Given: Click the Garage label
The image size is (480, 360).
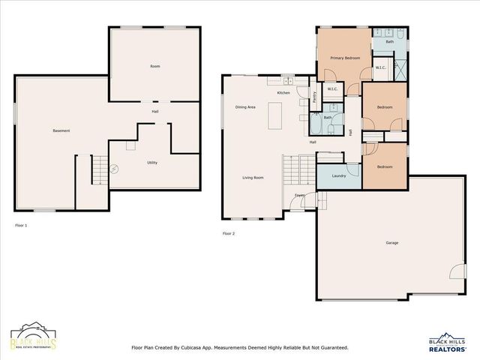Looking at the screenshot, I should pos(391,242).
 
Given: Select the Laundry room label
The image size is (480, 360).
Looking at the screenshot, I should pos(338,175).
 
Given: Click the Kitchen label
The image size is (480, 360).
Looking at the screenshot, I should pos(283,92).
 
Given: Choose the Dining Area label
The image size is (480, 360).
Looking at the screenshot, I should pos(245,107).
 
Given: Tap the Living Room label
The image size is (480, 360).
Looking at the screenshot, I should pos(253,178).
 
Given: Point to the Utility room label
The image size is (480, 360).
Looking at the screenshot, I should pos(151,162).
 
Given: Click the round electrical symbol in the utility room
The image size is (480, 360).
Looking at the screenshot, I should pos(114,169).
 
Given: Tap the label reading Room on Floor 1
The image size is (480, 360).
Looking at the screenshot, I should pos(154,67).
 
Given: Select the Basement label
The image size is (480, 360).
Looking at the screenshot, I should pos(61,131).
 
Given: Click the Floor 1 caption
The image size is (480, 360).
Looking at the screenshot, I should pos(21,225).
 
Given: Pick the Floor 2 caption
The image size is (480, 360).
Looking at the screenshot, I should pos(229,233).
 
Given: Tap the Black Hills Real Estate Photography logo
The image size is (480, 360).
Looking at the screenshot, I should pos(33,338).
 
